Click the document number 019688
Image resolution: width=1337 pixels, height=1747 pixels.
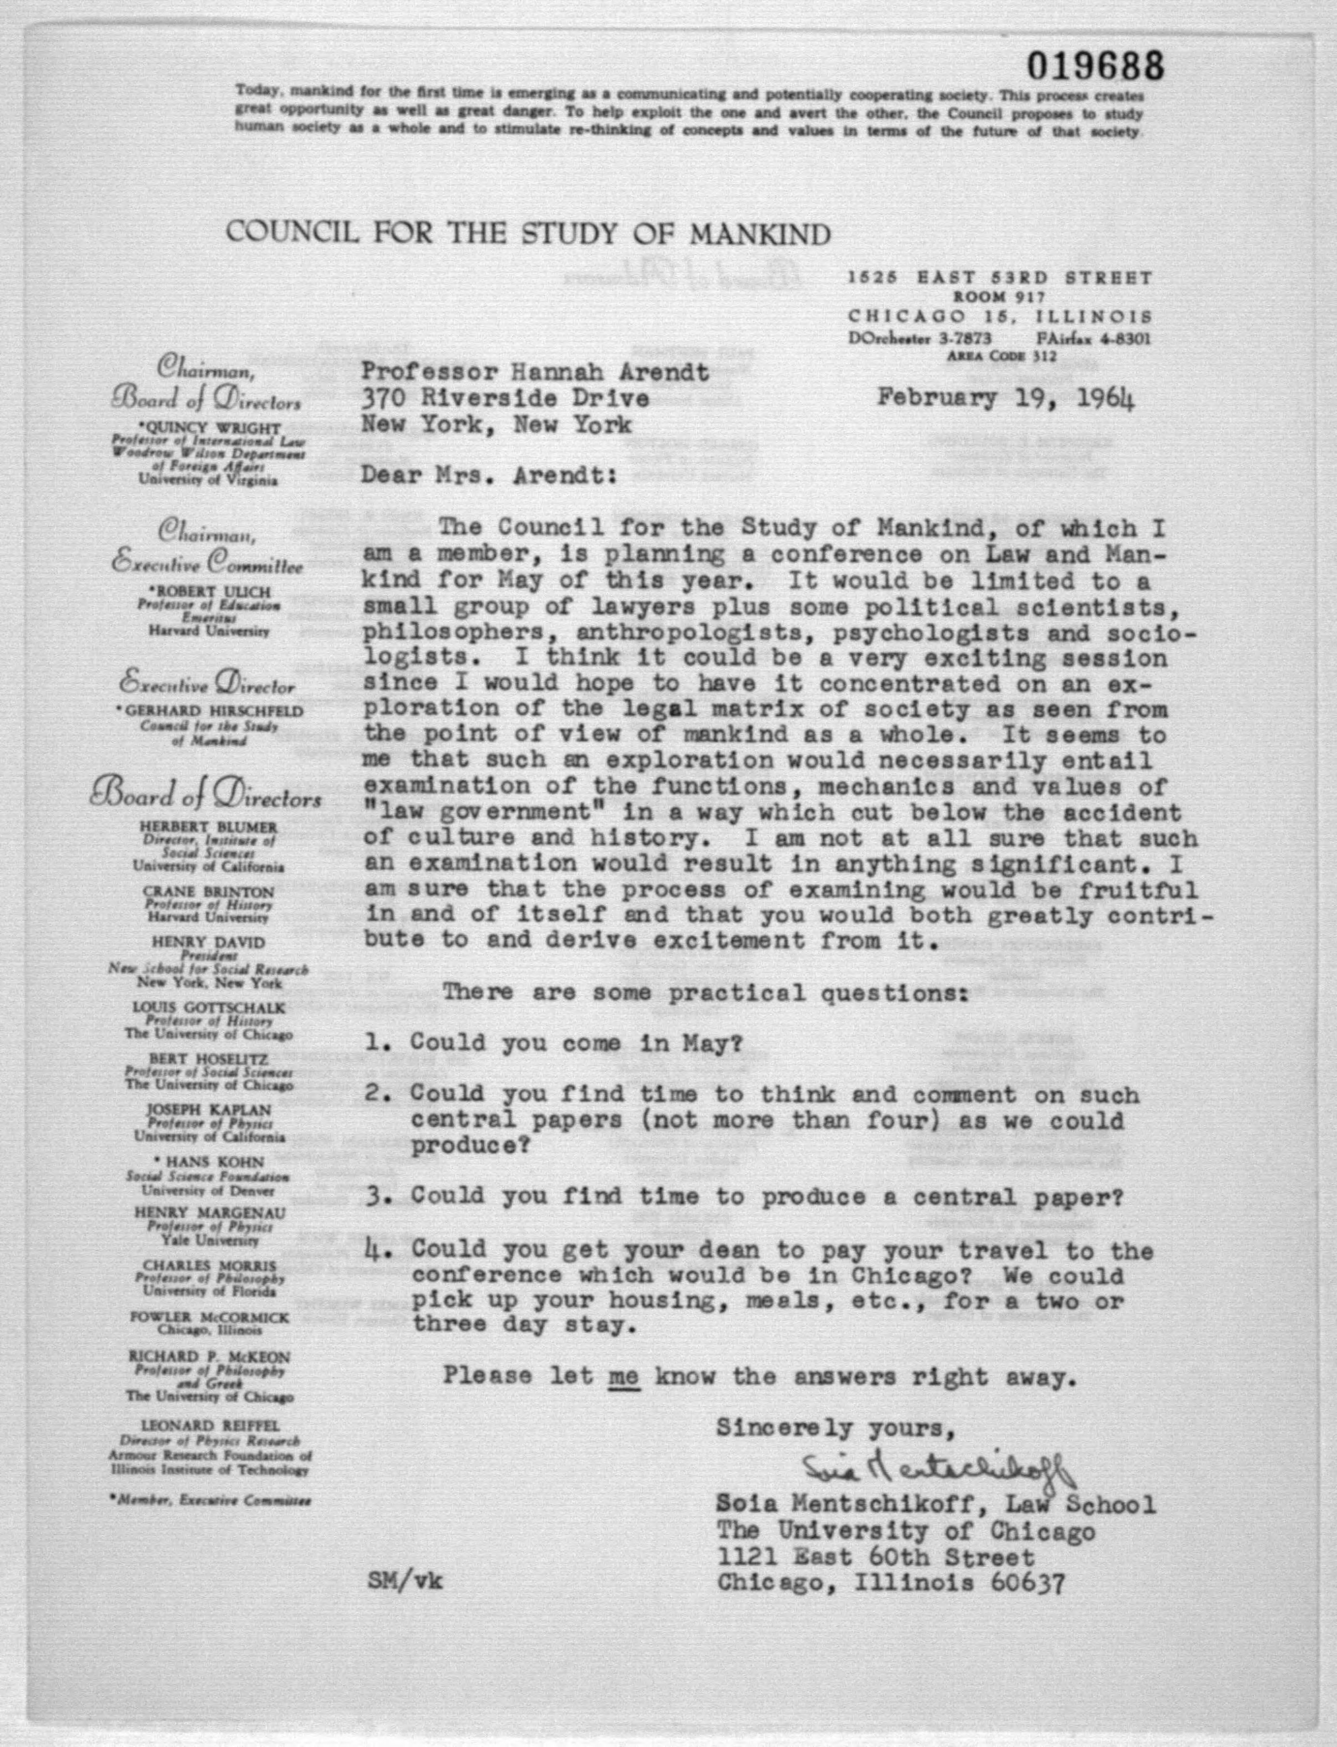point(1095,65)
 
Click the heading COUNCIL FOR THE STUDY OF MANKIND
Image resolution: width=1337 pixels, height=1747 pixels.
point(528,233)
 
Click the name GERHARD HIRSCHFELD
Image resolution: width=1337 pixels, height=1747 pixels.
point(209,711)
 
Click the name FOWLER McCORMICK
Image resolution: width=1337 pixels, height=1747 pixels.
point(209,1317)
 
